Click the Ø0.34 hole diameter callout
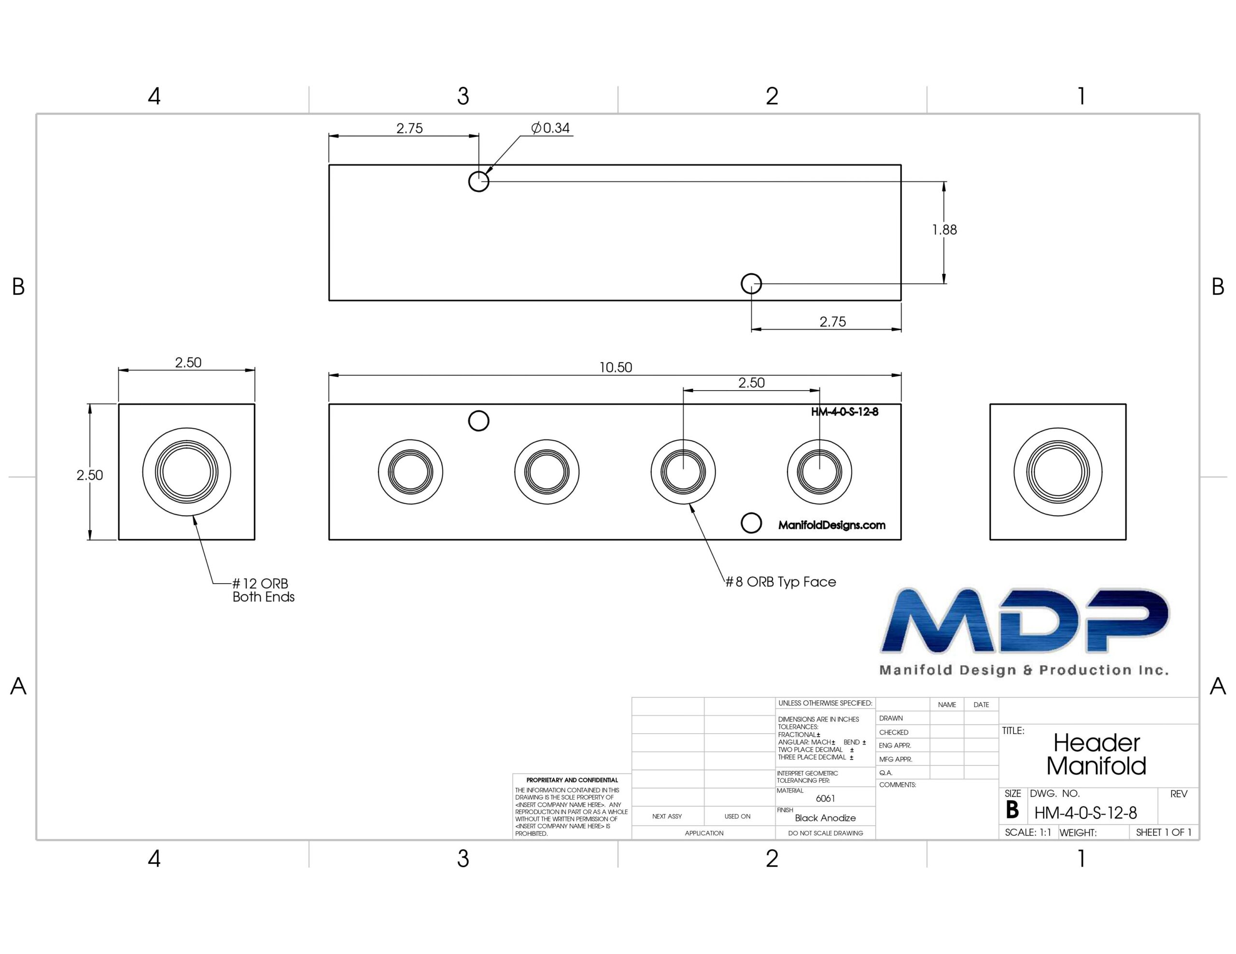(x=550, y=128)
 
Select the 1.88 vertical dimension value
(x=944, y=230)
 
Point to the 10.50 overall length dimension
(x=616, y=368)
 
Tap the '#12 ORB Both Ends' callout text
(x=263, y=590)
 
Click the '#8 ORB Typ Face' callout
(x=781, y=582)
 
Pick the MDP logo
(x=1025, y=630)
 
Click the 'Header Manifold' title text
(x=1096, y=754)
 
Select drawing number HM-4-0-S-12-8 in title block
(x=1085, y=813)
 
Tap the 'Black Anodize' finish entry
(x=825, y=818)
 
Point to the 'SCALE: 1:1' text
(x=1028, y=832)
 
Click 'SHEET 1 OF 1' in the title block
(x=1164, y=832)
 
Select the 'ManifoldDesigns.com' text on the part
(x=832, y=525)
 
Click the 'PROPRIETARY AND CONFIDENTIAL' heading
(x=572, y=780)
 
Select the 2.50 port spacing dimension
(x=752, y=383)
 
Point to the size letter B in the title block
(x=1012, y=810)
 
